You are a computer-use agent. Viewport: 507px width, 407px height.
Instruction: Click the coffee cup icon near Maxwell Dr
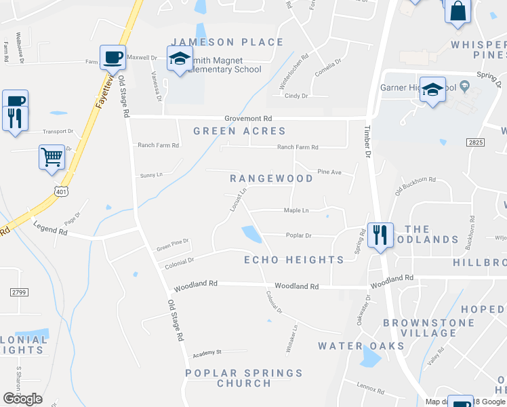click(x=112, y=58)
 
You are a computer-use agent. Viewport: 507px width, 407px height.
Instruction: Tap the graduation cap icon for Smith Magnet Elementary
click(x=180, y=60)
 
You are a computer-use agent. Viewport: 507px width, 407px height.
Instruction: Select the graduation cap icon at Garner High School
click(x=432, y=90)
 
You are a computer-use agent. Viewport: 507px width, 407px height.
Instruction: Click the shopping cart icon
click(x=52, y=157)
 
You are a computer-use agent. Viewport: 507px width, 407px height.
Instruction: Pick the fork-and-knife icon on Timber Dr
click(x=380, y=235)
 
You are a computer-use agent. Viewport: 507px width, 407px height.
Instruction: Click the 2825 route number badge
click(x=475, y=142)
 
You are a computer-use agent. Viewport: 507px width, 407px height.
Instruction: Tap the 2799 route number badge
click(x=19, y=292)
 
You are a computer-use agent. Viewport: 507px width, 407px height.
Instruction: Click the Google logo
click(x=22, y=399)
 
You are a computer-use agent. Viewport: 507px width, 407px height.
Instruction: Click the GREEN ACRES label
click(x=239, y=131)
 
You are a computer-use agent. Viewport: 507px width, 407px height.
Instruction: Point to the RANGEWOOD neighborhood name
click(x=271, y=178)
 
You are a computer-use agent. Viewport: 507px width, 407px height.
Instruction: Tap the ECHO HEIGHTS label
click(x=293, y=260)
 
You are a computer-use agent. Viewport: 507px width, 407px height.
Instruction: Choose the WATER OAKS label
click(x=361, y=346)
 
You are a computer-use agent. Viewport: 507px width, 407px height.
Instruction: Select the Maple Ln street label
click(x=296, y=210)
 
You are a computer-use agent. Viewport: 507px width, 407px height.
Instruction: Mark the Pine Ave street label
click(x=329, y=172)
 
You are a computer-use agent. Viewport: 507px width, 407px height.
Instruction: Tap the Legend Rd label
click(x=53, y=232)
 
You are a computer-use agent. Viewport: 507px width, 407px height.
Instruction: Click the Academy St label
click(x=207, y=353)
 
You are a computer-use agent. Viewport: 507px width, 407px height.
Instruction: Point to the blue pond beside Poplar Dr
click(x=252, y=235)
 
